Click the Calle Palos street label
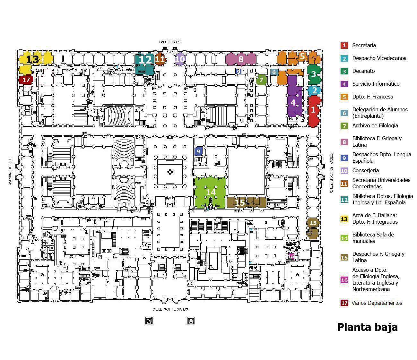click(x=170, y=42)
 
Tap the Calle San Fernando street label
click(x=170, y=309)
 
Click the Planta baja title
click(x=367, y=327)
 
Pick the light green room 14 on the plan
click(x=210, y=192)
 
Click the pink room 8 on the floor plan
click(x=241, y=59)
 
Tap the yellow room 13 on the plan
click(x=33, y=60)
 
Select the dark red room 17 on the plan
click(x=26, y=80)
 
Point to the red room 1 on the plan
click(x=314, y=110)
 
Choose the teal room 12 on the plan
click(x=145, y=60)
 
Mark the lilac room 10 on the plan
click(x=180, y=59)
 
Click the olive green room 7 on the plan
click(x=261, y=80)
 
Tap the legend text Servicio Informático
click(x=376, y=84)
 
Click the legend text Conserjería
click(x=365, y=170)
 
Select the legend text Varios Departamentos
click(x=377, y=303)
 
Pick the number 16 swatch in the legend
click(x=344, y=280)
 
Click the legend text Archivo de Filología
click(x=375, y=125)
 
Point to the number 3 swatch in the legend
click(x=344, y=71)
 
